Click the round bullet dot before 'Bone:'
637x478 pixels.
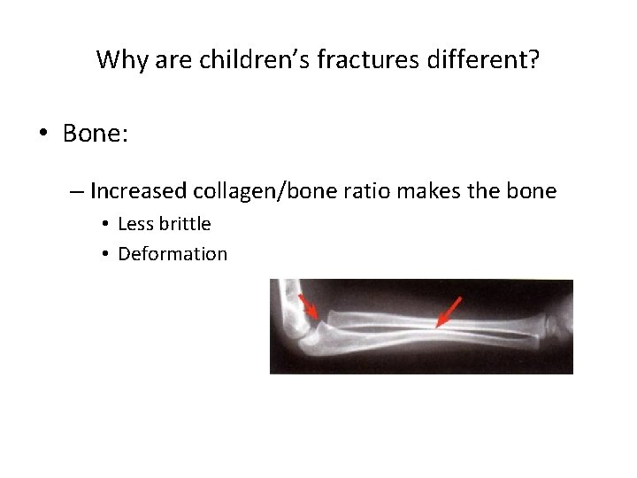tap(43, 135)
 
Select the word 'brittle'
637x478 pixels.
tap(184, 224)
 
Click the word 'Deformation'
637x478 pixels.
tap(173, 254)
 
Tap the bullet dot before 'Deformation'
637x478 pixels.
tap(104, 255)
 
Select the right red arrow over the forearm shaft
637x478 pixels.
tap(449, 312)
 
